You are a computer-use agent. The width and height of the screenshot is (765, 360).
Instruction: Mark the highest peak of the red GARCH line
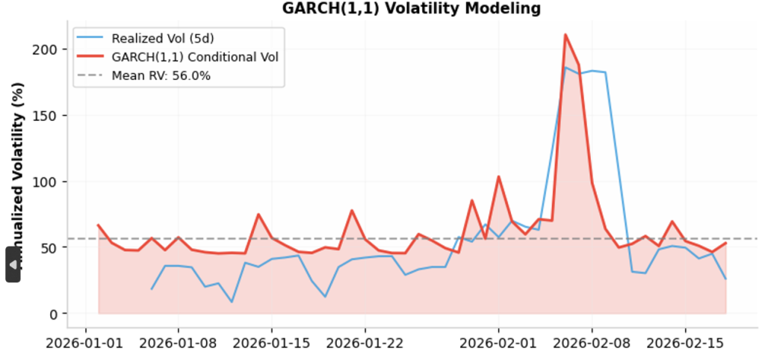[565, 34]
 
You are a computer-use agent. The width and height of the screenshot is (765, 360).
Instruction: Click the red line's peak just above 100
[498, 177]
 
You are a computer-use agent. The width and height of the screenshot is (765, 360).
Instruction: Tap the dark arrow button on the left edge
[13, 265]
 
